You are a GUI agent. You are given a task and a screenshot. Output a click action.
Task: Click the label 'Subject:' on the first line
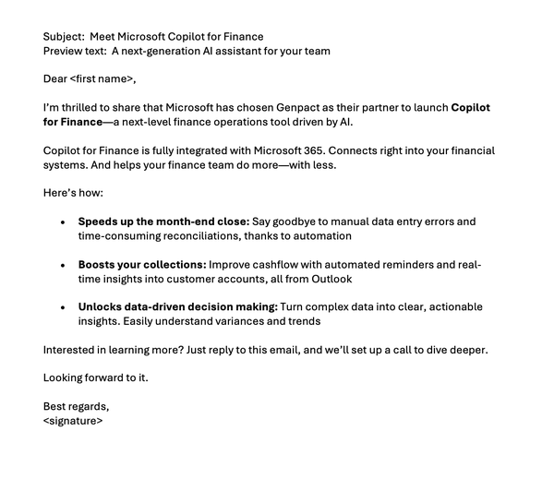(64, 37)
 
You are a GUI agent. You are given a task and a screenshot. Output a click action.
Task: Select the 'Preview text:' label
(75, 51)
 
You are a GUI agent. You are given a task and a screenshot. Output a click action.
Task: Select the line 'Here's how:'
(74, 193)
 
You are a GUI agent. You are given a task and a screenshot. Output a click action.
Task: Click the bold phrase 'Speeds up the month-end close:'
(163, 222)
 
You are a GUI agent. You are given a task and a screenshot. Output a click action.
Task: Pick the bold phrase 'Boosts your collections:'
(143, 264)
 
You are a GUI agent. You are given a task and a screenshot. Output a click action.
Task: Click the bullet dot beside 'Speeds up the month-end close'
(62, 222)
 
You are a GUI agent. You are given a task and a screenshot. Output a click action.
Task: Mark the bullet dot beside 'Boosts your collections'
(62, 265)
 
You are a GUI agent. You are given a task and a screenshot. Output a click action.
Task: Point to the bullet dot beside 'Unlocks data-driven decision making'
(62, 307)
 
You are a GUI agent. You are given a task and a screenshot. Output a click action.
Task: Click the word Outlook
(331, 278)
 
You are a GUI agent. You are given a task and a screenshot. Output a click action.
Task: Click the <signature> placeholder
(73, 420)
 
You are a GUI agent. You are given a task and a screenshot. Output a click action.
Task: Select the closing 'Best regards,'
(76, 406)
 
